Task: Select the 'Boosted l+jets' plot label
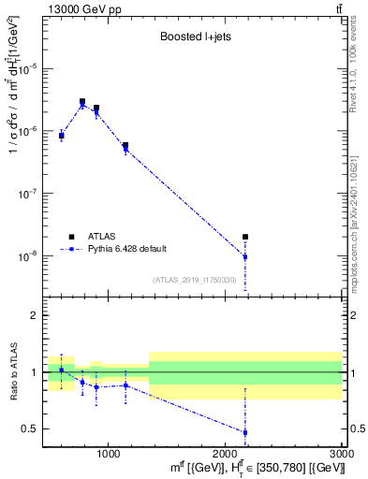click(192, 38)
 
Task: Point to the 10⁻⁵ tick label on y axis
click(30, 68)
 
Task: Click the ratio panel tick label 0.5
click(30, 428)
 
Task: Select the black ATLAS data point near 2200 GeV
click(245, 238)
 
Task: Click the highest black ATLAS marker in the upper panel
click(82, 101)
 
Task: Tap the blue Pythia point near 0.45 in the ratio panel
click(245, 432)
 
